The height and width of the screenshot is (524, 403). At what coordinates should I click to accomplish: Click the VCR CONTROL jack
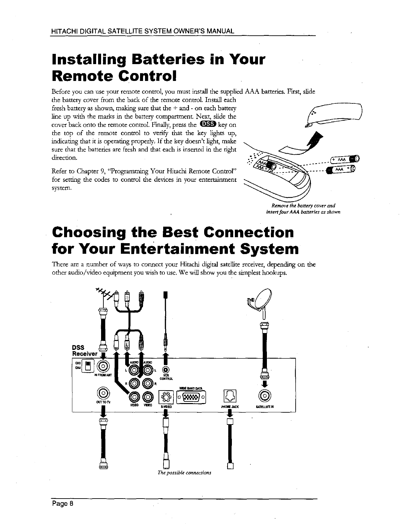(x=165, y=369)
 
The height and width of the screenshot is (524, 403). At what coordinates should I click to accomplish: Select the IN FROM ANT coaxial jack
(x=104, y=366)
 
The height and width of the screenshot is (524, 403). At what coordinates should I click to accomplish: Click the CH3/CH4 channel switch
(x=88, y=366)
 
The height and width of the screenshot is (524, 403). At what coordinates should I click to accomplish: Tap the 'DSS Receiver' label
(x=85, y=351)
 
